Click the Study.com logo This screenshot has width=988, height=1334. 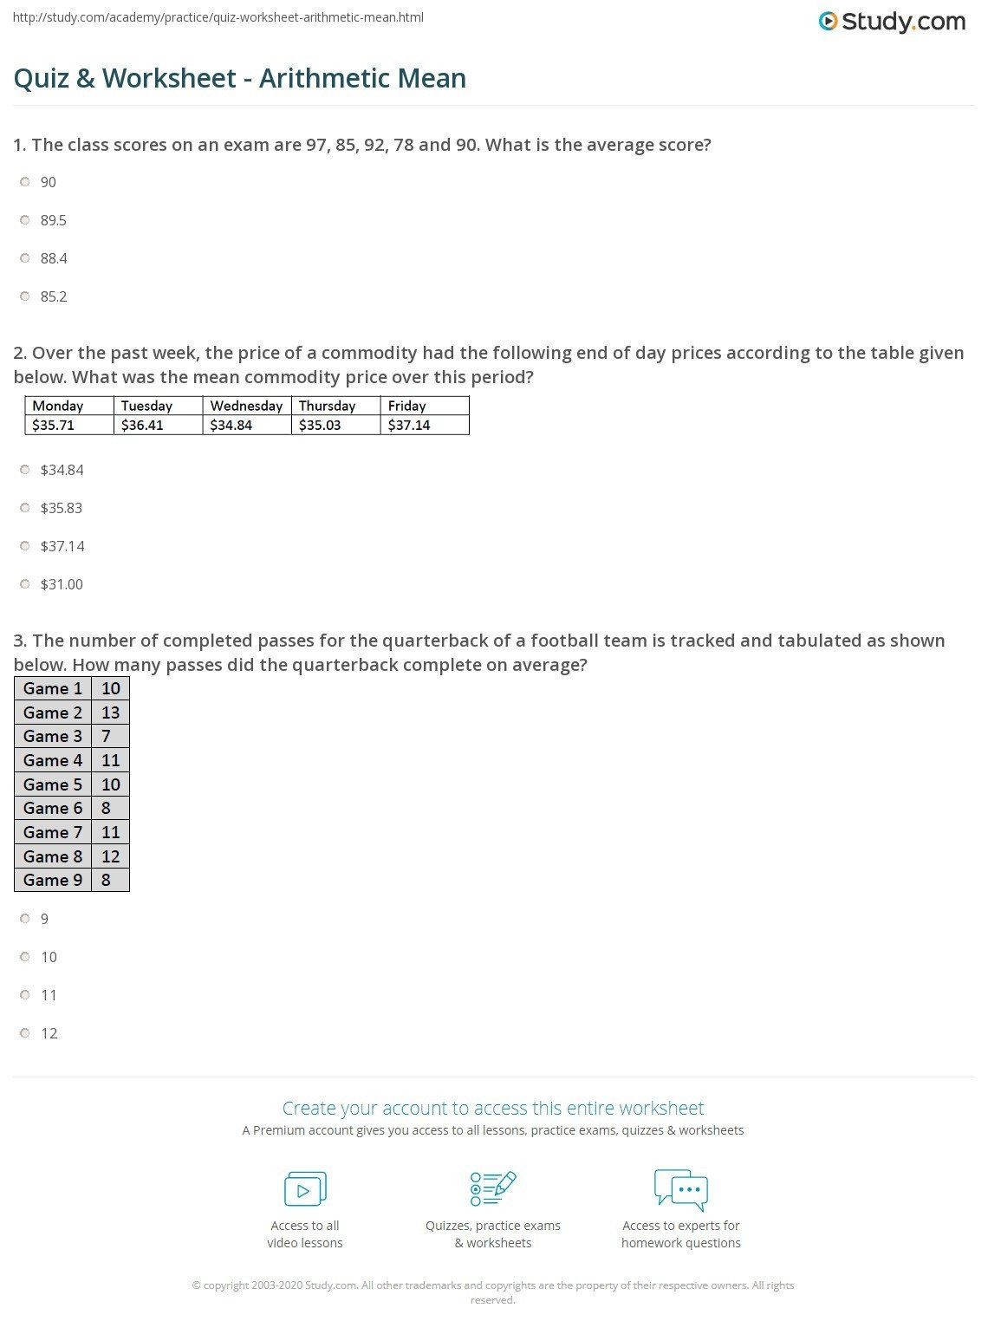[892, 22]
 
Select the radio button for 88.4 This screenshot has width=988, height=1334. [25, 258]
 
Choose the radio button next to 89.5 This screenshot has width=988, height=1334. [25, 220]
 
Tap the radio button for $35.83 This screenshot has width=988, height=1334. [25, 508]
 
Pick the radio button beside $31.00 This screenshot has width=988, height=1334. [25, 584]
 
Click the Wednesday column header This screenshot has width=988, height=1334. [246, 406]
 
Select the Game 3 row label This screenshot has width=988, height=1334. [53, 736]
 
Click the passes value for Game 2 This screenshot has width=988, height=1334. [110, 713]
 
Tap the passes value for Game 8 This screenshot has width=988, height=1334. [110, 856]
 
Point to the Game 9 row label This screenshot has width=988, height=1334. [53, 880]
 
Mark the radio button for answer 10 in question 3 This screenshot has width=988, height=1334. [25, 957]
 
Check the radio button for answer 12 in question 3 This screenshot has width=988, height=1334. [25, 1033]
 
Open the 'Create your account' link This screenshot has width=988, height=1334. [493, 1108]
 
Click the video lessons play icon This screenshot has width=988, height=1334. [305, 1189]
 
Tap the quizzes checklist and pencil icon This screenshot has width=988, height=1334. [492, 1188]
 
